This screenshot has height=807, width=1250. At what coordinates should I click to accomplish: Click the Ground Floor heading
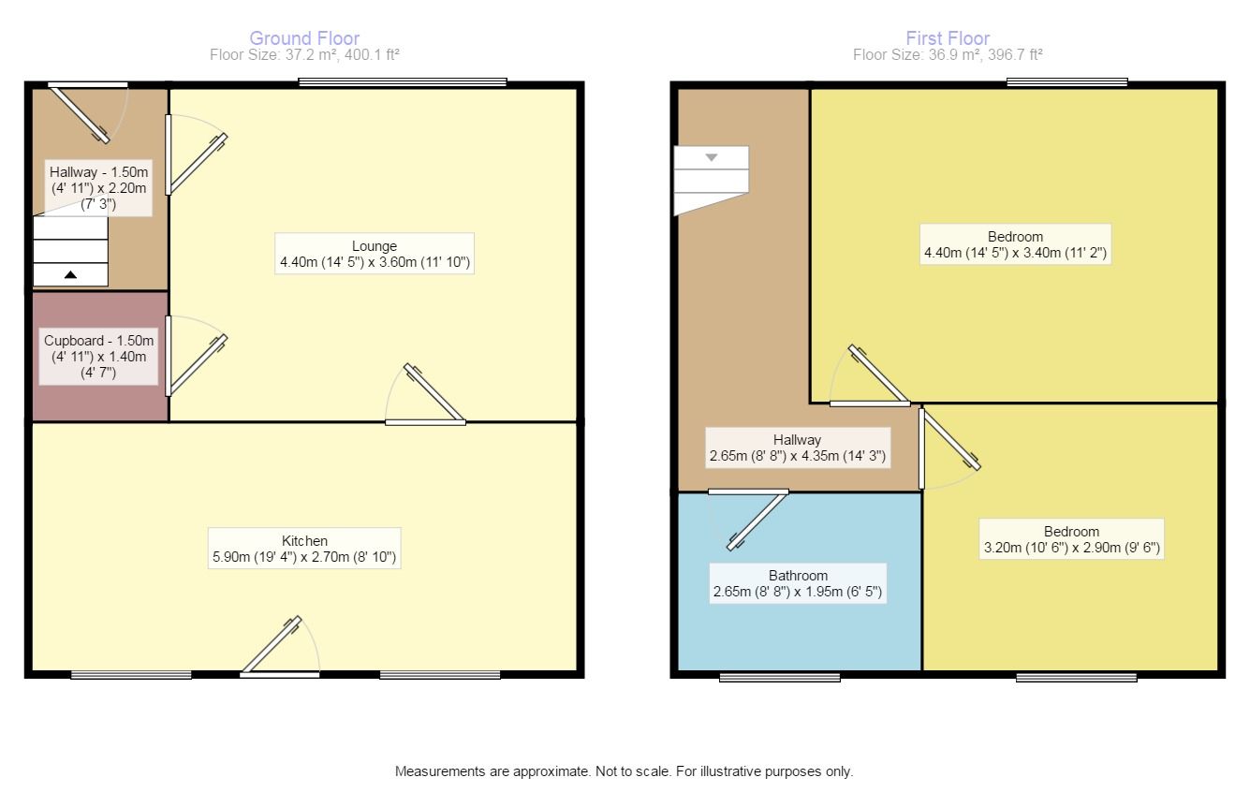tap(304, 38)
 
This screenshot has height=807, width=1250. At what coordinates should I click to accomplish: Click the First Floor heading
tap(948, 38)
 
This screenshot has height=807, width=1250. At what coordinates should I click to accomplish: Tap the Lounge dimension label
tap(375, 255)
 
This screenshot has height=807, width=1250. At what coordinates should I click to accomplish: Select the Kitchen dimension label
tap(305, 550)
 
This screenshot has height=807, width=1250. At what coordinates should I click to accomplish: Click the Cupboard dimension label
tap(98, 357)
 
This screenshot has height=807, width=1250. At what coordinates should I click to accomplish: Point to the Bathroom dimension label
tap(798, 584)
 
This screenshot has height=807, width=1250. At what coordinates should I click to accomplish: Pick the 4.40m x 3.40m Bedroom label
tap(1015, 244)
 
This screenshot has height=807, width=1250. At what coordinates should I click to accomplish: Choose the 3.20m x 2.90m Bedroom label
tap(1072, 539)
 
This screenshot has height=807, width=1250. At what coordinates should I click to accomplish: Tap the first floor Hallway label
tap(797, 448)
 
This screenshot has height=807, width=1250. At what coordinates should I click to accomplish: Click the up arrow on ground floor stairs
tap(71, 274)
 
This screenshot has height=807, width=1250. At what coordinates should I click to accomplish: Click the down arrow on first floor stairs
tap(712, 157)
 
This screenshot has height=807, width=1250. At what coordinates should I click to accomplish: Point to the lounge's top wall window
tap(403, 83)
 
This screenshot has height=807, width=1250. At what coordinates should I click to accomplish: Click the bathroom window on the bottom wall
tap(779, 676)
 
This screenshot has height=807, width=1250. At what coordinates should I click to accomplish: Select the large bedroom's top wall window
tap(1066, 83)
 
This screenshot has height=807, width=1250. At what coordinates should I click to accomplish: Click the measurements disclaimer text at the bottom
tap(625, 772)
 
